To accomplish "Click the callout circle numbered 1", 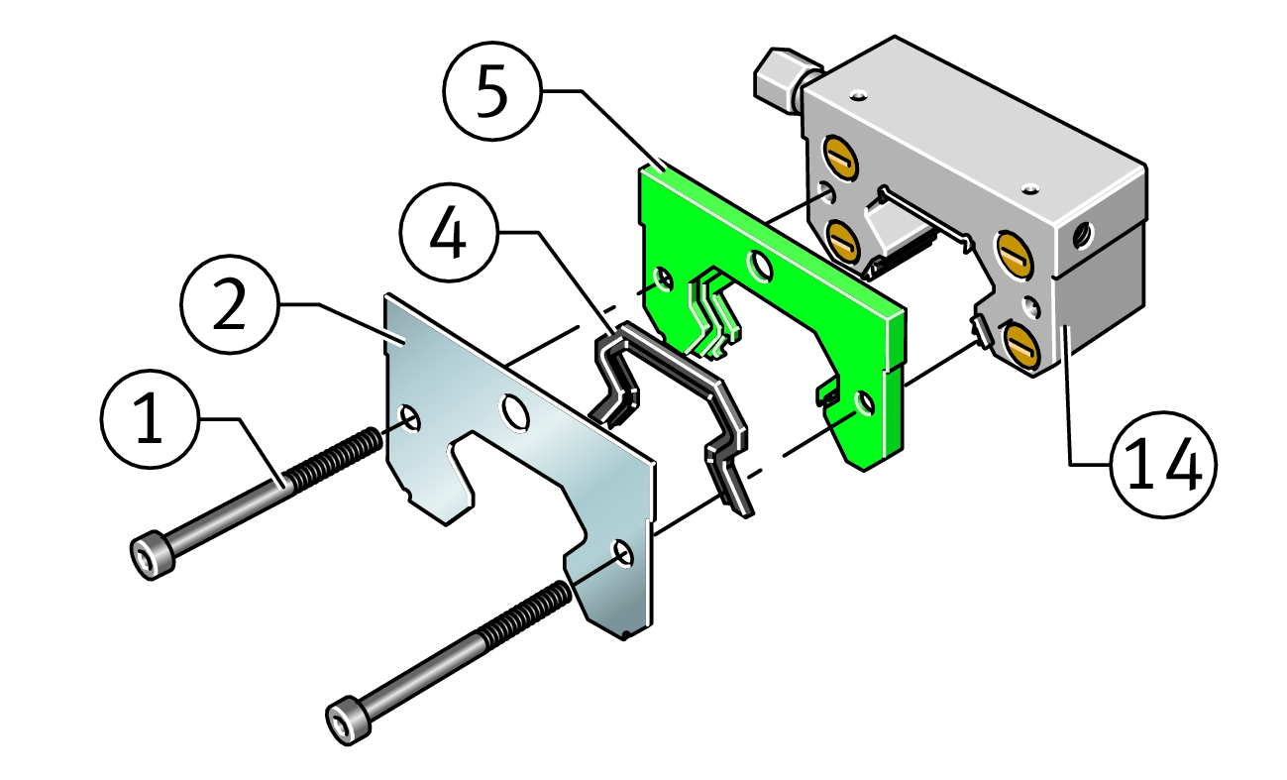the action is [x=150, y=419].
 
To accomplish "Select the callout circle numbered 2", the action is [x=230, y=304].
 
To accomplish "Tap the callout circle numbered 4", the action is [x=449, y=232].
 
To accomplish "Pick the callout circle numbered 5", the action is [x=493, y=91].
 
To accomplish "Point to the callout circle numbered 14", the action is [x=1164, y=465].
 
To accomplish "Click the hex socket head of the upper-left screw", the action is [x=152, y=555].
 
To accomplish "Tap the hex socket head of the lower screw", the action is [x=348, y=721].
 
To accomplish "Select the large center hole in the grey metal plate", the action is [x=515, y=412].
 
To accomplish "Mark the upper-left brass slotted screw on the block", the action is [x=841, y=157].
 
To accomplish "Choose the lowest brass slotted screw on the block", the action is [x=1021, y=345].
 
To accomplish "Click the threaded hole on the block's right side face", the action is [x=1084, y=236].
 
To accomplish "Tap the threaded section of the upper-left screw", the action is [x=333, y=458].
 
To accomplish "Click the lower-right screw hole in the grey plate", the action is [x=623, y=553].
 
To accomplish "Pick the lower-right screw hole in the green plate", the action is [x=864, y=403].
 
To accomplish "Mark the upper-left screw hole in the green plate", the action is [x=664, y=279].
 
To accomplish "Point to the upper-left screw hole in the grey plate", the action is [x=410, y=418].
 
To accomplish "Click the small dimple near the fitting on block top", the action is [x=859, y=95].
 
